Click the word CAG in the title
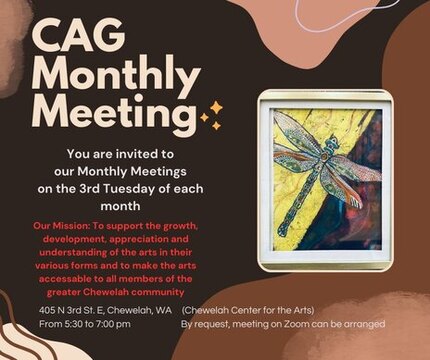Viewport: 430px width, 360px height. pos(79,36)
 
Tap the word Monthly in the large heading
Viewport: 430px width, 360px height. pos(115,77)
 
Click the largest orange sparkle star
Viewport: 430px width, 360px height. pos(217,108)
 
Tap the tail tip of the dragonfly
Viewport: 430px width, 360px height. pos(283,230)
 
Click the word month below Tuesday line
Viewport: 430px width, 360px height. pos(120,206)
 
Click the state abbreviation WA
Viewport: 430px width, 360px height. pos(164,311)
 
